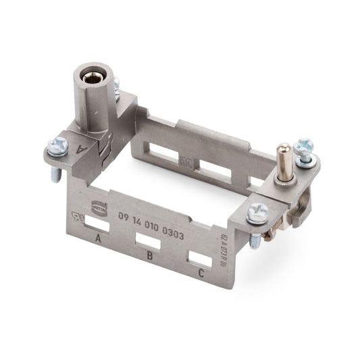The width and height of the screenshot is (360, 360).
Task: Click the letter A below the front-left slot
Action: point(98,239)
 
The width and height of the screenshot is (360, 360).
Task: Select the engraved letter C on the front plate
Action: point(201,274)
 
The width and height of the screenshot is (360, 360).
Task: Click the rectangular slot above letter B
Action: point(147,240)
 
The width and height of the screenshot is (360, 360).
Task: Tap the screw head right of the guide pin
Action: point(305,147)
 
